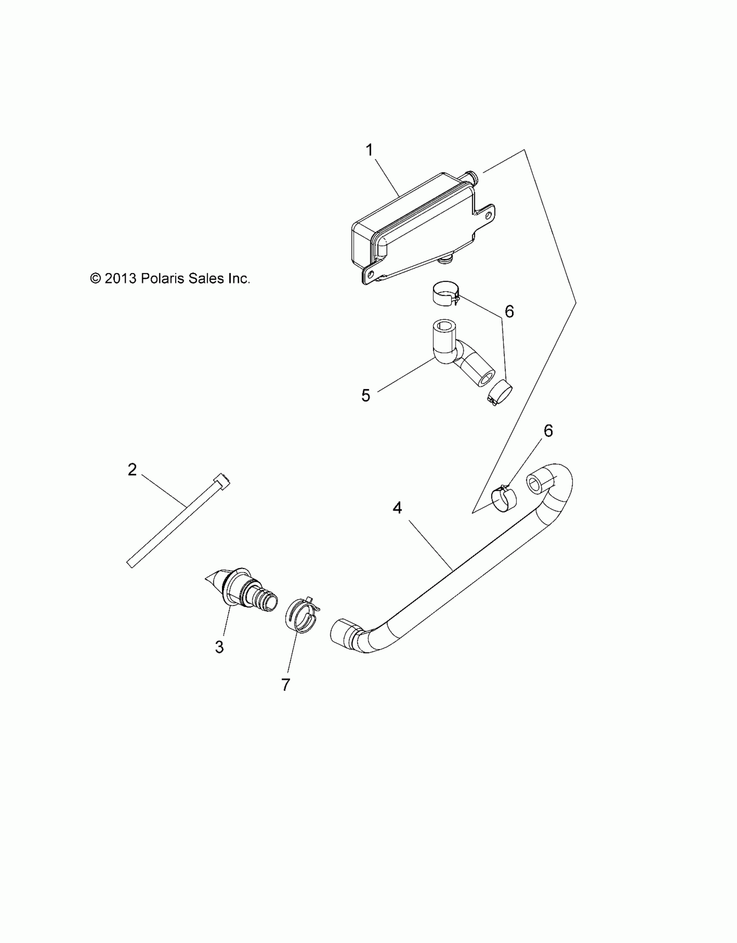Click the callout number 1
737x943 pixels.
click(369, 150)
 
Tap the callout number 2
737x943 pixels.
click(132, 470)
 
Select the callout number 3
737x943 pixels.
click(219, 659)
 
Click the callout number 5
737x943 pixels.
click(366, 395)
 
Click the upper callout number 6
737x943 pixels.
click(509, 311)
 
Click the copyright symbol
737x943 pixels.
click(95, 278)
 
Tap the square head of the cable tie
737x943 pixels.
click(222, 480)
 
